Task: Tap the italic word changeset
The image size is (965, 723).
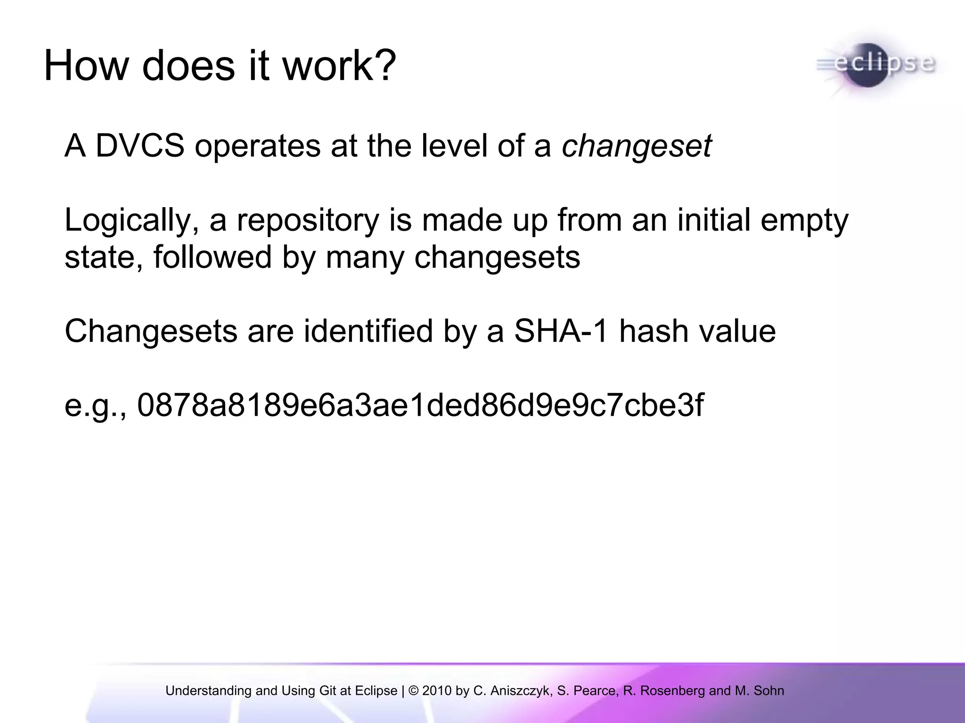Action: click(636, 146)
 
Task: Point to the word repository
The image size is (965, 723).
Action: click(308, 221)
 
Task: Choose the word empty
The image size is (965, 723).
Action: click(804, 221)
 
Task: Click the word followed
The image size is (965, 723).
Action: click(213, 257)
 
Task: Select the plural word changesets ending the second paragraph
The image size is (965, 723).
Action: click(497, 258)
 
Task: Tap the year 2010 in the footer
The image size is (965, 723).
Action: click(437, 691)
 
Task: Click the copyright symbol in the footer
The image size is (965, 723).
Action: click(414, 691)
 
